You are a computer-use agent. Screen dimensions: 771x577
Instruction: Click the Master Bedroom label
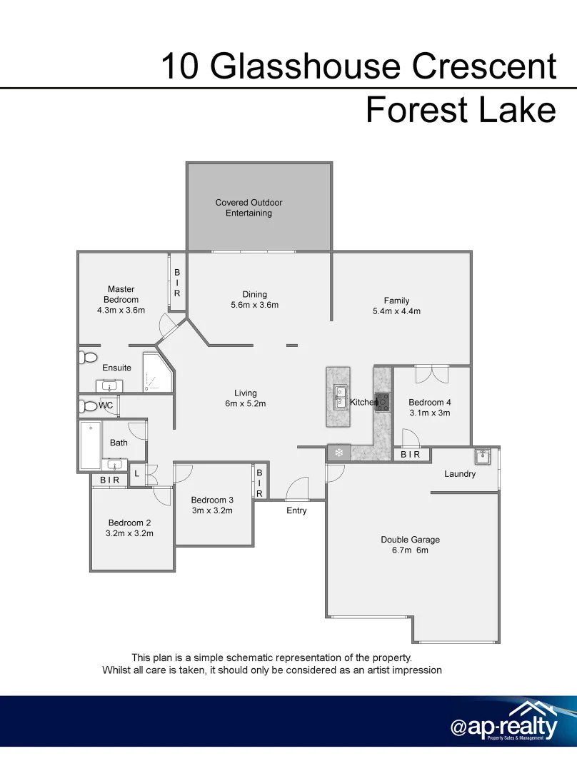coord(121,294)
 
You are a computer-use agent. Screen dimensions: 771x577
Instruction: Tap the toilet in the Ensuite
coord(88,356)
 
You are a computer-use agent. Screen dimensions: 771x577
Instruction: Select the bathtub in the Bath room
coord(91,445)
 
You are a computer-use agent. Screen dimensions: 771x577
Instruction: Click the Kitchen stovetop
coord(383,402)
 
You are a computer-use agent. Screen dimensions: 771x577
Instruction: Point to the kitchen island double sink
coord(338,396)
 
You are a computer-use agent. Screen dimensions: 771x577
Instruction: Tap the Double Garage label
coord(410,540)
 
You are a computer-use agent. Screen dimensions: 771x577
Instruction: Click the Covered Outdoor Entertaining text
coord(249,208)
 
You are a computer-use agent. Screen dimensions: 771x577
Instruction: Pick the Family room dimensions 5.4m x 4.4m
coord(396,311)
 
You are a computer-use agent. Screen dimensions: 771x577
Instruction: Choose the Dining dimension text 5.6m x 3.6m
coord(254,305)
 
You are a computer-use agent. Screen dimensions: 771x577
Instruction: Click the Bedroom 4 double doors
coord(431,373)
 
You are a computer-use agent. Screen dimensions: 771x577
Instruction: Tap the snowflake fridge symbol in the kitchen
coord(339,453)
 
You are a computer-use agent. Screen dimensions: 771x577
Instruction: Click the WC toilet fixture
coord(88,406)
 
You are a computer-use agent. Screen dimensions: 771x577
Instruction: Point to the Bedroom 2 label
coord(129,523)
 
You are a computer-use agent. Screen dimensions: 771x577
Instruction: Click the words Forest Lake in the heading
coord(460,111)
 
